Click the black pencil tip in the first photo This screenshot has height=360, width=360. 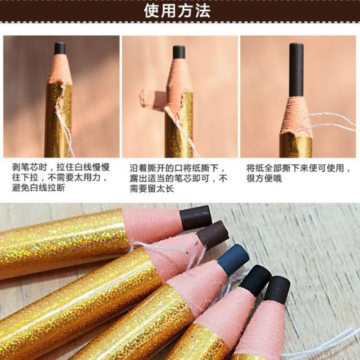[60, 48]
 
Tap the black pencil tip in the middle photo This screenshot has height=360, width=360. [179, 52]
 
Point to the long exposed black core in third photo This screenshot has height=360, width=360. [296, 70]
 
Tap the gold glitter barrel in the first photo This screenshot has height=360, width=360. [58, 121]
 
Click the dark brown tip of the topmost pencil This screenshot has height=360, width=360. [196, 218]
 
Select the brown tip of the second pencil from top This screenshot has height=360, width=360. [213, 234]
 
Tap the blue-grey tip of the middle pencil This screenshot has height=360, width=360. [233, 259]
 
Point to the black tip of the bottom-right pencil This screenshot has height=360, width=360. [277, 289]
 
